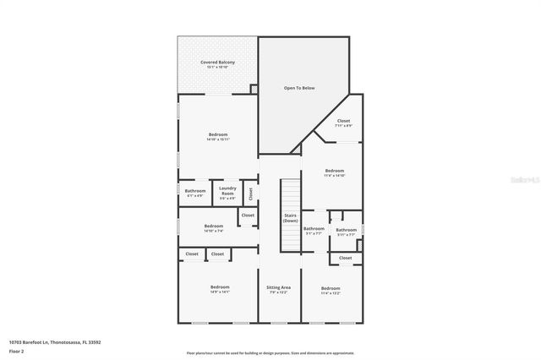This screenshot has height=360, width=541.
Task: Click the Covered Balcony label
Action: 217,63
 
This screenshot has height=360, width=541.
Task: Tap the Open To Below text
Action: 299,87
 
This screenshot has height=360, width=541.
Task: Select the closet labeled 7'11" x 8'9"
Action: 343,122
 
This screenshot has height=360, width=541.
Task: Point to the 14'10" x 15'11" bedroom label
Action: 218,135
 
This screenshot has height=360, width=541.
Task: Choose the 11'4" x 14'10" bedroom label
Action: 335,172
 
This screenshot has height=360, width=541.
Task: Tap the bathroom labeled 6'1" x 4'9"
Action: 195,192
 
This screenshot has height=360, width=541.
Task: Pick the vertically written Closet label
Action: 251,193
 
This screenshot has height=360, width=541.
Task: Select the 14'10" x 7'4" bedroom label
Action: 213,226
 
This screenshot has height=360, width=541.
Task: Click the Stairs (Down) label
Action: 290,218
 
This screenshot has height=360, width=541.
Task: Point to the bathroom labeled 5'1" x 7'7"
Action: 314,230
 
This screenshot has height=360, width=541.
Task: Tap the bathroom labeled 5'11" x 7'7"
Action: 346,231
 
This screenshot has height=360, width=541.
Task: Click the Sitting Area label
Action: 278,288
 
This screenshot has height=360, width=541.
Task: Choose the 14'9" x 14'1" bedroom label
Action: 220,288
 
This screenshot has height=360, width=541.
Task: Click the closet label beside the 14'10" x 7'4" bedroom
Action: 248,215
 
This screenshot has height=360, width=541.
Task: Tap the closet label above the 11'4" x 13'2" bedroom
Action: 345,258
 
